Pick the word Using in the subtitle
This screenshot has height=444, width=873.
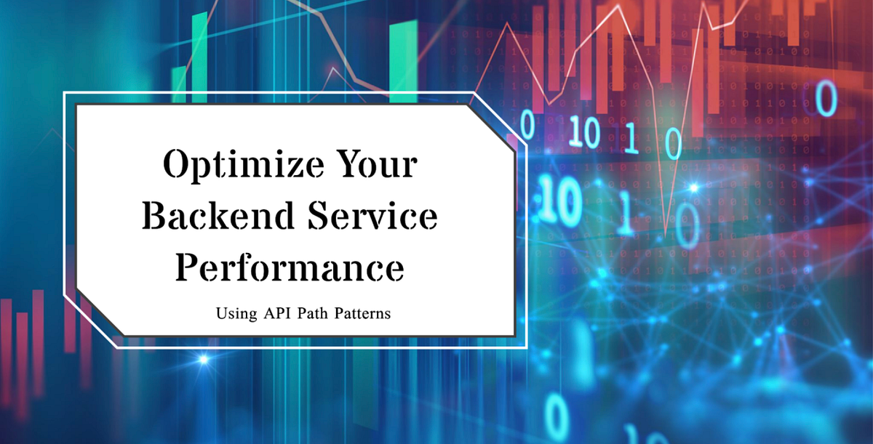coord(232,315)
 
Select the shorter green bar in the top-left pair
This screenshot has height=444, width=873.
coord(178,80)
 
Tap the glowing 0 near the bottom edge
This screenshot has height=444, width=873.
coord(557,414)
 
